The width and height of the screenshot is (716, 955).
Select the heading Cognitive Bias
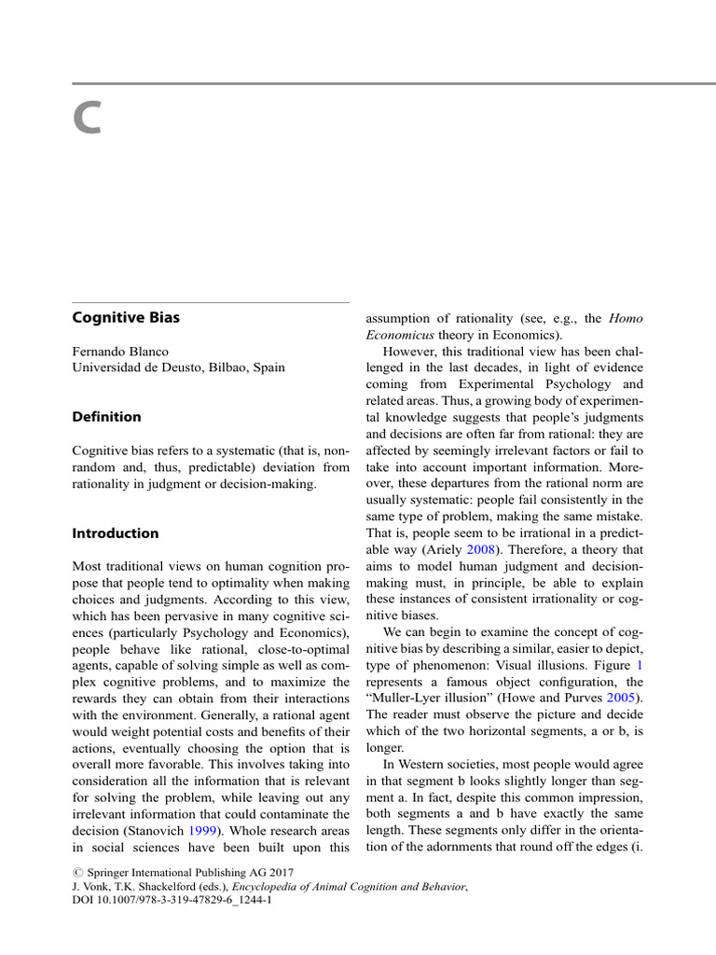[x=126, y=318]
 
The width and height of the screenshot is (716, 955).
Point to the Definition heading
[x=106, y=417]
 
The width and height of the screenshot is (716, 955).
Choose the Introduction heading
[x=116, y=533]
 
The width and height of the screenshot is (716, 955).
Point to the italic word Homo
[x=626, y=319]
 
